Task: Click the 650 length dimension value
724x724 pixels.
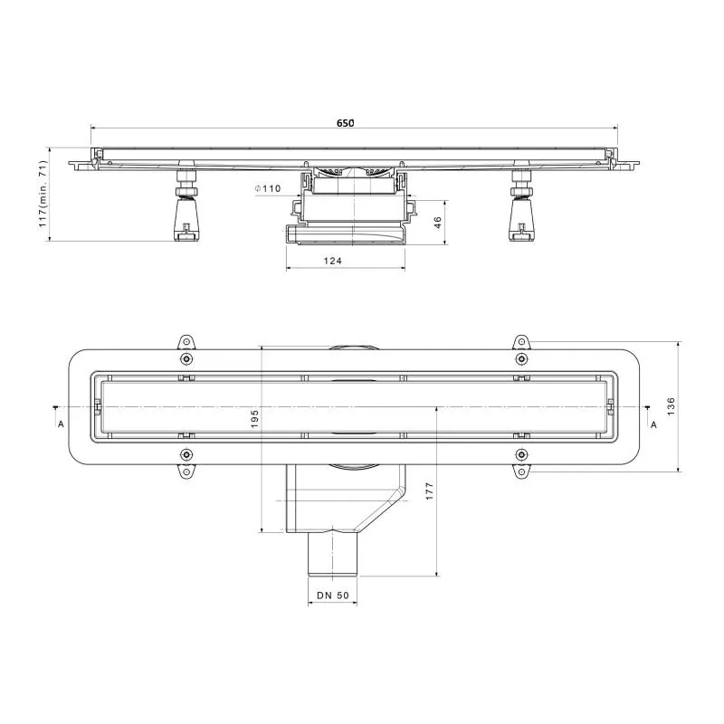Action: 346,123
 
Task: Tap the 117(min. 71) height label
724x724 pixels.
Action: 43,194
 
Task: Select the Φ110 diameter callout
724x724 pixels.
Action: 268,188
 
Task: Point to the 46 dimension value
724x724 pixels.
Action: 438,223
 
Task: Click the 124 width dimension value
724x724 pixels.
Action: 332,261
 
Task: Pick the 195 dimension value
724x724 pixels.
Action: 254,419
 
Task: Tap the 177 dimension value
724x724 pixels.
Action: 429,491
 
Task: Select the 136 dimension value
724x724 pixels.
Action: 671,406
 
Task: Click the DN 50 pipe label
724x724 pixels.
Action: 333,595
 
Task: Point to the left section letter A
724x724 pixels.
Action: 61,424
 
